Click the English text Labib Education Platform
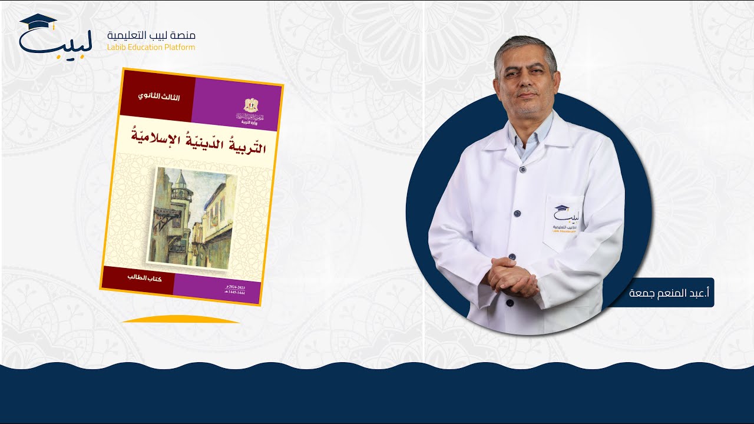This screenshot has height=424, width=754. pos(151,47)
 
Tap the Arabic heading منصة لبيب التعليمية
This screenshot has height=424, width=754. pos(151,35)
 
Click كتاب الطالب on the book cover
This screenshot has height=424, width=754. pos(144,277)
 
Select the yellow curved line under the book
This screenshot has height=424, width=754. pos(180,319)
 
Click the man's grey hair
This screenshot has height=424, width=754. pos(525,44)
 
